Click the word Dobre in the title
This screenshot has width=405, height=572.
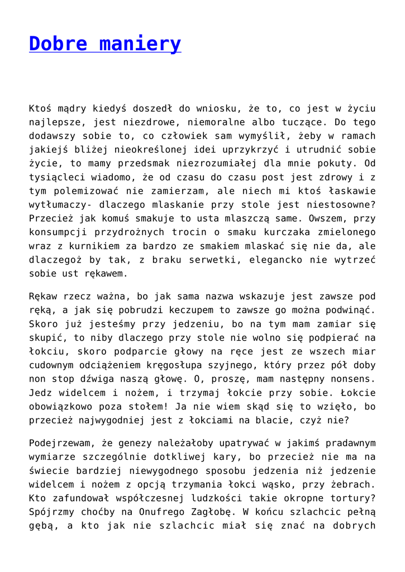pyautogui.click(x=56, y=44)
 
